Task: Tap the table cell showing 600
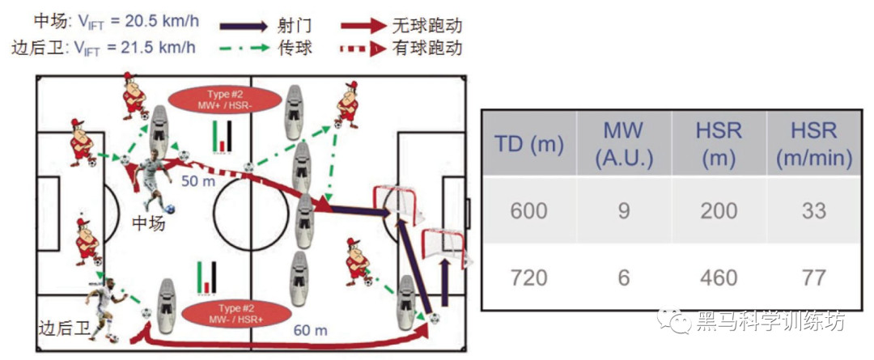click(x=528, y=211)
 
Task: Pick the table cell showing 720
click(x=528, y=277)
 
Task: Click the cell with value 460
click(x=719, y=277)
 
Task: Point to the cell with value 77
click(x=813, y=277)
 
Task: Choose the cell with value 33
click(x=813, y=211)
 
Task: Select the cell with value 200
click(x=719, y=211)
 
